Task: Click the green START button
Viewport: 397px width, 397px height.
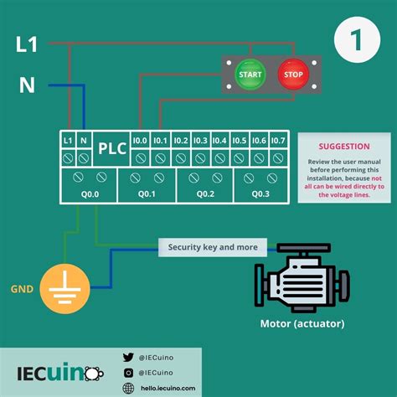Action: point(250,74)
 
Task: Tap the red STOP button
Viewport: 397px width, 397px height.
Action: point(292,74)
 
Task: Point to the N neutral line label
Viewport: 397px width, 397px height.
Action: point(26,84)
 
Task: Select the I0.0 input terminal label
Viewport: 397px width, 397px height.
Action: point(140,140)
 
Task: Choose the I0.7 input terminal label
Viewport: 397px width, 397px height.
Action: point(279,140)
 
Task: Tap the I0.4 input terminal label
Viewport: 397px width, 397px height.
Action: point(219,140)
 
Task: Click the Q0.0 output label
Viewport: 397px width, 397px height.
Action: point(89,193)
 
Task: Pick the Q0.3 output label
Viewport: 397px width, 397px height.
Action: point(261,193)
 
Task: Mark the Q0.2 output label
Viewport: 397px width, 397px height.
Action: point(205,193)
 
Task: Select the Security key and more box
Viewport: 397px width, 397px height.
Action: point(213,247)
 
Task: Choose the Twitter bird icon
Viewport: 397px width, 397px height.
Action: point(128,356)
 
